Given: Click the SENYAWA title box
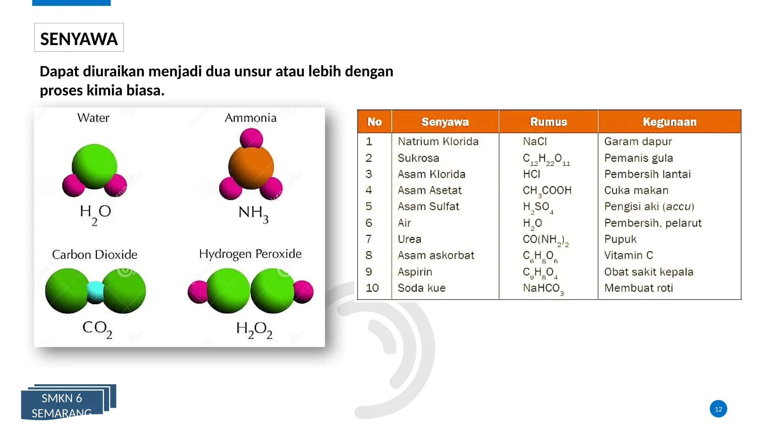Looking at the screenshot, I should pyautogui.click(x=79, y=38).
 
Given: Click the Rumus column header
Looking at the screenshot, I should pyautogui.click(x=548, y=122).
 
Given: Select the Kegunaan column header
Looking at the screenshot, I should pyautogui.click(x=669, y=122).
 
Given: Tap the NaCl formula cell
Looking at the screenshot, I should pyautogui.click(x=535, y=142).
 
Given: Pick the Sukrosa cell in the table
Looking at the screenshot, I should pyautogui.click(x=418, y=158).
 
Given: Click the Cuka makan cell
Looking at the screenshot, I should pyautogui.click(x=636, y=190).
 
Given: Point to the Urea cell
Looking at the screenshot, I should pyautogui.click(x=409, y=239).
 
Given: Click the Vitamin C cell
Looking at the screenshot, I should pyautogui.click(x=628, y=255).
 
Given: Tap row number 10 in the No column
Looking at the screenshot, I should pyautogui.click(x=372, y=288).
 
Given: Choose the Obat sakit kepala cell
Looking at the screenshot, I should pyautogui.click(x=648, y=272).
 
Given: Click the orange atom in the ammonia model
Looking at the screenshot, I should pyautogui.click(x=251, y=167).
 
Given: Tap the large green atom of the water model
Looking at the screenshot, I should pyautogui.click(x=94, y=166).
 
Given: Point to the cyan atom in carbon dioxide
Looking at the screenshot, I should pyautogui.click(x=95, y=292).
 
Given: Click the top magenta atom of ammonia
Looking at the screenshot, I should pyautogui.click(x=251, y=139).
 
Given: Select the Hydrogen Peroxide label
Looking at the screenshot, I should pyautogui.click(x=250, y=254).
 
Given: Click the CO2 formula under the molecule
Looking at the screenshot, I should pyautogui.click(x=97, y=329).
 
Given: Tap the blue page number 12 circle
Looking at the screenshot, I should pyautogui.click(x=718, y=409).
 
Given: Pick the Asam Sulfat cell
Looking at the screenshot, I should pyautogui.click(x=428, y=206).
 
